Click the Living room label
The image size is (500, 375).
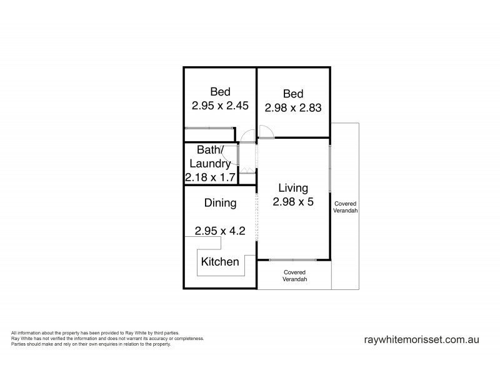pyautogui.click(x=293, y=187)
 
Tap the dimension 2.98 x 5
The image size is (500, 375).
pyautogui.click(x=293, y=202)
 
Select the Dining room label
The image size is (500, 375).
pyautogui.click(x=220, y=202)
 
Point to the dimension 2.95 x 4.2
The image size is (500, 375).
pyautogui.click(x=219, y=231)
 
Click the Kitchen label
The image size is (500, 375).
pyautogui.click(x=220, y=262)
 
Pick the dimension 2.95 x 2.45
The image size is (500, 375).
pyautogui.click(x=220, y=106)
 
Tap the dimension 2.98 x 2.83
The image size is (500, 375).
pyautogui.click(x=293, y=107)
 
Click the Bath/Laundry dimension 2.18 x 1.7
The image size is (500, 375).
pyautogui.click(x=210, y=178)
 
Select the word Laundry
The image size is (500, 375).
pyautogui.click(x=211, y=164)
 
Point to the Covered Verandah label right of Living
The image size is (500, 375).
pyautogui.click(x=346, y=207)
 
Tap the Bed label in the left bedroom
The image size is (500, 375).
pyautogui.click(x=220, y=92)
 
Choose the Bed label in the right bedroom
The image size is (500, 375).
pyautogui.click(x=293, y=94)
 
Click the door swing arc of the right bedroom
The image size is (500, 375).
pyautogui.click(x=266, y=130)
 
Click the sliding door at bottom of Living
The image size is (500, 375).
pyautogui.click(x=292, y=259)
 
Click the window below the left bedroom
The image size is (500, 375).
pyautogui.click(x=209, y=128)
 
